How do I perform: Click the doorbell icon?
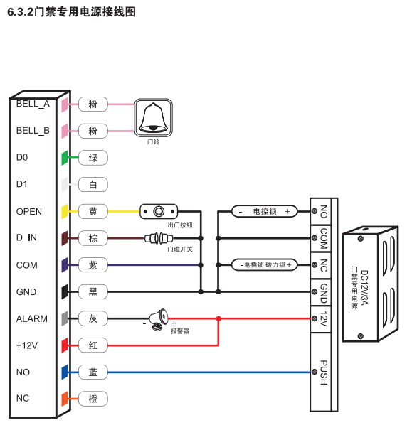click(x=154, y=117)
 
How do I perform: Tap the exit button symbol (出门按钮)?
click(x=159, y=211)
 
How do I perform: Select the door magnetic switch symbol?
click(x=159, y=238)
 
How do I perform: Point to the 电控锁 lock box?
click(x=264, y=211)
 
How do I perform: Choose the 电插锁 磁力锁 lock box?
click(x=264, y=265)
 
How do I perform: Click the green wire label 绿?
click(x=93, y=158)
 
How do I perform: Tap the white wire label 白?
click(x=93, y=185)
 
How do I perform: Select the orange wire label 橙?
click(x=93, y=399)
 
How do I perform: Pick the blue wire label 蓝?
click(x=93, y=372)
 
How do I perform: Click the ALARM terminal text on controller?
click(x=32, y=318)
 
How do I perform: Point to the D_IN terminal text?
click(x=26, y=237)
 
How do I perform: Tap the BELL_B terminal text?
click(x=33, y=131)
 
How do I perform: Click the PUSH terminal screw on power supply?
click(x=315, y=372)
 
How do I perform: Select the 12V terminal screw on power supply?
click(x=315, y=318)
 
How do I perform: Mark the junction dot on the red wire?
click(x=218, y=318)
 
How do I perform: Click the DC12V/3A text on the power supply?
click(x=364, y=287)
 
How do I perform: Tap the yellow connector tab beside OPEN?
click(x=65, y=211)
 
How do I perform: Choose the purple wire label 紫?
click(x=93, y=265)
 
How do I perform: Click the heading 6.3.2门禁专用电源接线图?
click(x=71, y=12)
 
